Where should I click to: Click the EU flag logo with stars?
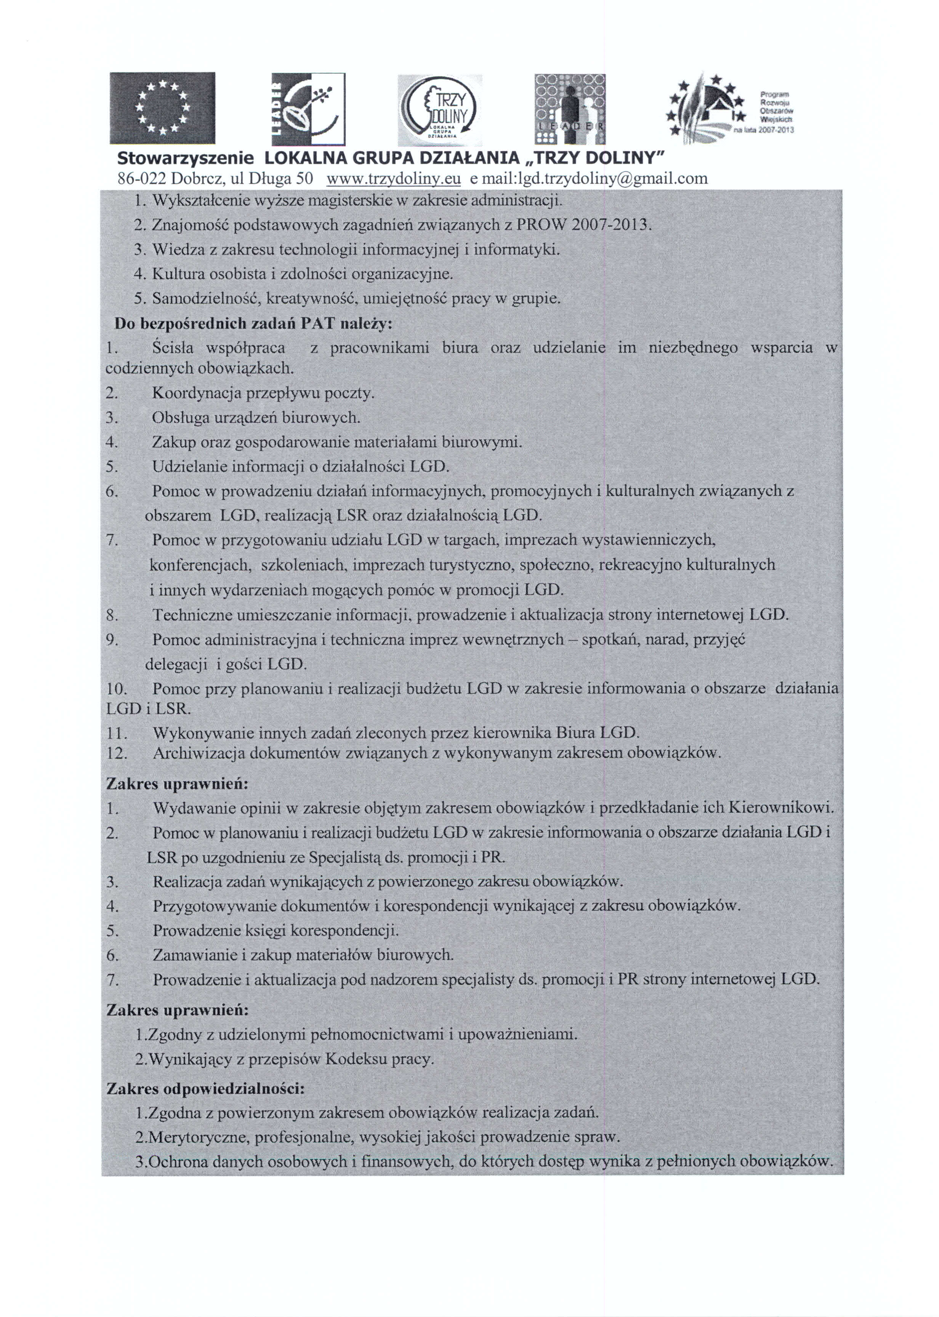[162, 108]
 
